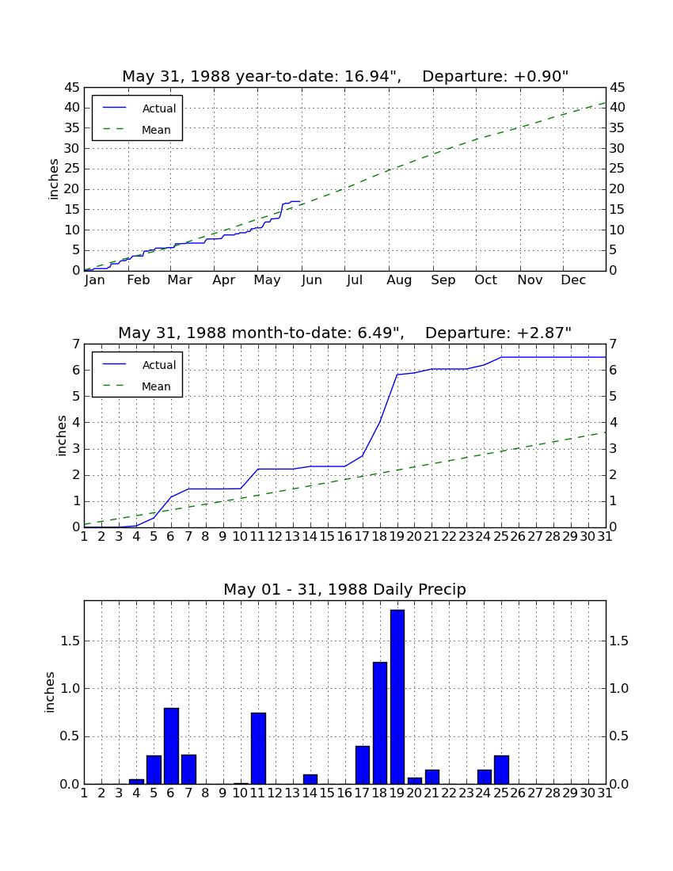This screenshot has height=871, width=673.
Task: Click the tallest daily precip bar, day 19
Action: [x=397, y=697]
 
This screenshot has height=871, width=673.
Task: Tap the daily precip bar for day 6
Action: [x=171, y=746]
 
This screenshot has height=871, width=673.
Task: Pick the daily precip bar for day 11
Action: [x=258, y=748]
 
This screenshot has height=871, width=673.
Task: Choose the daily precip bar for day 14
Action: [x=310, y=779]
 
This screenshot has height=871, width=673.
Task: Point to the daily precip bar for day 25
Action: [x=501, y=770]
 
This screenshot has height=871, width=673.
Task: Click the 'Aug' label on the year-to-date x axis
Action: [x=399, y=280]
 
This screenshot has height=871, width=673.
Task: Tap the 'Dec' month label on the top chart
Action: [x=573, y=280]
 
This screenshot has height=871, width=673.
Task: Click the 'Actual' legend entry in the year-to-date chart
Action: [x=159, y=108]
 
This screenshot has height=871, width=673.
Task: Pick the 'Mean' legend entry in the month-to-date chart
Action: [x=156, y=386]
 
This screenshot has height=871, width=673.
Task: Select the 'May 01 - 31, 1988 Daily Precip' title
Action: [x=345, y=589]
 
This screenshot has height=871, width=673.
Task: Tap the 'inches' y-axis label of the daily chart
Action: [x=50, y=692]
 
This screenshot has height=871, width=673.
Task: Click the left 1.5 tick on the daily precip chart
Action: [x=70, y=641]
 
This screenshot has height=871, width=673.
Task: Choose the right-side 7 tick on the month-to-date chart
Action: [x=614, y=344]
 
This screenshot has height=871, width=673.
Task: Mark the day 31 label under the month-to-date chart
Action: [x=605, y=537]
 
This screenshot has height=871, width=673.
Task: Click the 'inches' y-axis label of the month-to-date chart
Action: [x=61, y=435]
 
